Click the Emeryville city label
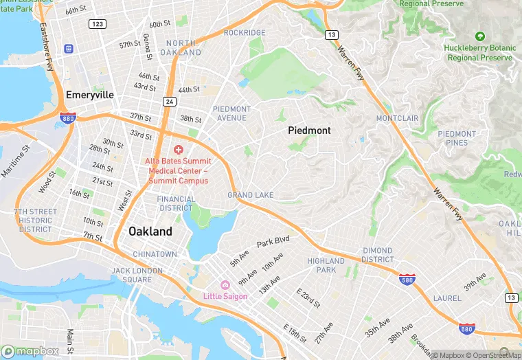89,95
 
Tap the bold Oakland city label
150,232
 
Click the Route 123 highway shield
97,24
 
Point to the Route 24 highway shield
169,102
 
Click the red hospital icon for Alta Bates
179,150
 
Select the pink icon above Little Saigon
224,285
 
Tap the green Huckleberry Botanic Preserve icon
480,36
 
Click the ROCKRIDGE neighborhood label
245,33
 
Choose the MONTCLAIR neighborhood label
397,118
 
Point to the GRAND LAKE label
251,196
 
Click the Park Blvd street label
273,243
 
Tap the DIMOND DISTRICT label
378,256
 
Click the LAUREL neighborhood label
447,298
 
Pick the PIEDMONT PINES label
457,138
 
